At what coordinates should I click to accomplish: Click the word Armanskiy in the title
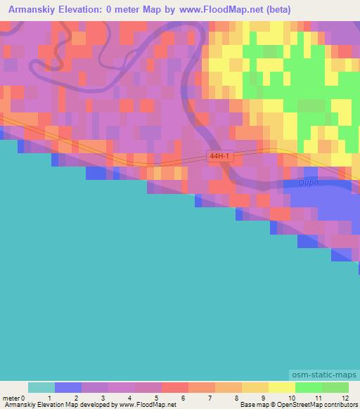click(x=31, y=10)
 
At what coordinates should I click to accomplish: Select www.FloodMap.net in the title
click(x=214, y=10)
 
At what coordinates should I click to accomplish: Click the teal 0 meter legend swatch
click(x=41, y=387)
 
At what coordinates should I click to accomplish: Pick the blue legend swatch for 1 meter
click(x=68, y=387)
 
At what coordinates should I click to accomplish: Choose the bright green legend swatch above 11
click(x=309, y=387)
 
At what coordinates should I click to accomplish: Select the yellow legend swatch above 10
click(x=282, y=387)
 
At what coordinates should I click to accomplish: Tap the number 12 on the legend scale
click(x=345, y=398)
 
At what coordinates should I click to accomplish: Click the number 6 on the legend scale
click(x=182, y=398)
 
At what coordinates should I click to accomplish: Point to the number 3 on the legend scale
click(x=102, y=398)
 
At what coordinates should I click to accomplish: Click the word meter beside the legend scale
click(x=13, y=398)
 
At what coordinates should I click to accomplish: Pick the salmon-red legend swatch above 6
click(x=175, y=387)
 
